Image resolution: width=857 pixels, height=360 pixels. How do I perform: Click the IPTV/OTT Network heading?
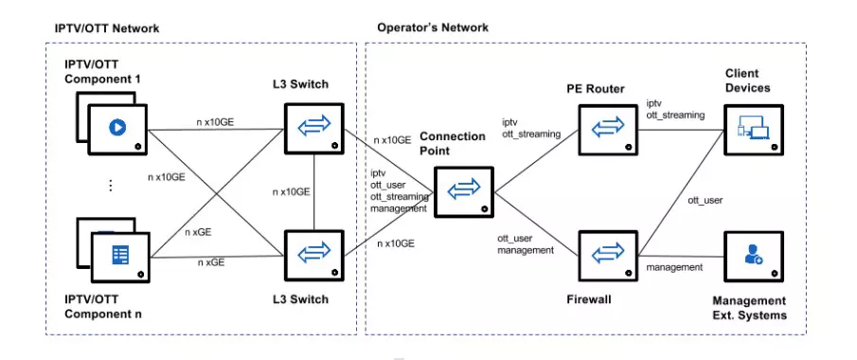106,27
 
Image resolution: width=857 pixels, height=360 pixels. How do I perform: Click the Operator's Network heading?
433,27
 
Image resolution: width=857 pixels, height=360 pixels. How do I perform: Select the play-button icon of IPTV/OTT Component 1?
118,128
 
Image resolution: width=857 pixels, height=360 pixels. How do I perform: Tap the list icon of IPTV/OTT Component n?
118,256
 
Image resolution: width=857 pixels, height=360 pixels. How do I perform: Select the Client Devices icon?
754,127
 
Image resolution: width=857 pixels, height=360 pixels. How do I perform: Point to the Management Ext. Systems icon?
754,255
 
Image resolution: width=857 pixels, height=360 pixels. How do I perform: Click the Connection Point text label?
453,144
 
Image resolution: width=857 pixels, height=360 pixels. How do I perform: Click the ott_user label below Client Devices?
705,200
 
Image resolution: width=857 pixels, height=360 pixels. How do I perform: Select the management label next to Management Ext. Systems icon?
674,268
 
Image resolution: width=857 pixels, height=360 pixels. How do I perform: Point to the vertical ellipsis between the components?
110,187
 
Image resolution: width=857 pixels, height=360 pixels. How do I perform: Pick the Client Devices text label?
747,81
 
